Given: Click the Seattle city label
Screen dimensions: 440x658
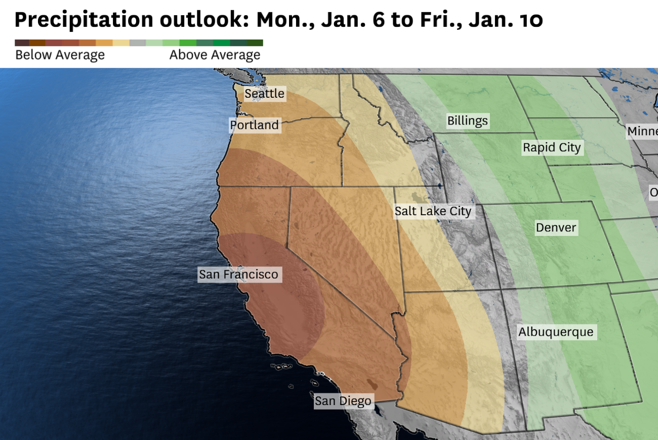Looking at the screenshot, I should point(264,94).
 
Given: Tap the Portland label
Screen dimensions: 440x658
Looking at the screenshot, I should point(254,125).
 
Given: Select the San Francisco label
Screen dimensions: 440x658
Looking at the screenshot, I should point(238,274).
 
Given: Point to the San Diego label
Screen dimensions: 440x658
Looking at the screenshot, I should point(343,402).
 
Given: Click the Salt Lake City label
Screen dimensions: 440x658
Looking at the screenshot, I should point(433,211).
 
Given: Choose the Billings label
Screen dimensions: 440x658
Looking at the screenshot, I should point(467,121).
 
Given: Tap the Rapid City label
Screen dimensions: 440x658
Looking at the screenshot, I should point(552,148).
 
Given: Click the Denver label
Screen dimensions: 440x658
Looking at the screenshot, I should point(556,228).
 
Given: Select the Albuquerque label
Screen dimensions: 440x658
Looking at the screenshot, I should point(556,332).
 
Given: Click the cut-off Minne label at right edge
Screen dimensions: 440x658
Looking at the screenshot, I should point(642,132).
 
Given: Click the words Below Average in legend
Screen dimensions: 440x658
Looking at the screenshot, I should point(60,55).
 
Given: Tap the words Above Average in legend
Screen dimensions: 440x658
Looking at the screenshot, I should point(215,55).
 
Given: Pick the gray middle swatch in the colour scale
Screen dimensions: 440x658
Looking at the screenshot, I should point(138,43).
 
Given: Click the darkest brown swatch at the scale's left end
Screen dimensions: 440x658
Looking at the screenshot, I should point(22,43).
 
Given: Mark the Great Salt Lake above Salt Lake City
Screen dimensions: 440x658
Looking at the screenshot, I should point(418,196).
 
